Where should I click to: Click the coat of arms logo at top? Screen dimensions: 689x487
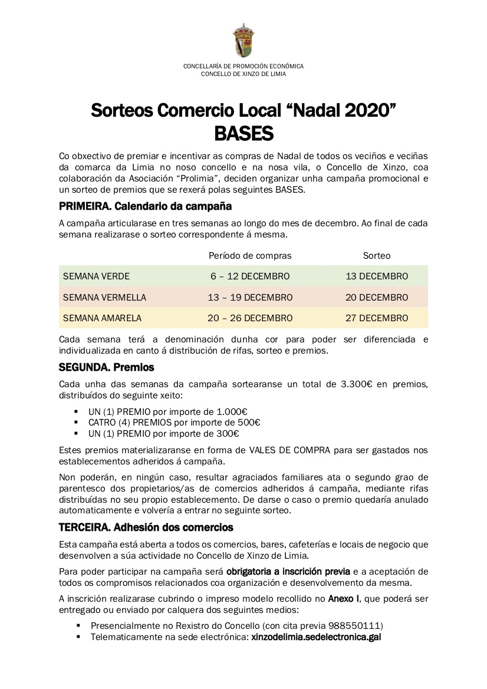tap(243, 40)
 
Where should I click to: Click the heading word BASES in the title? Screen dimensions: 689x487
tap(244, 134)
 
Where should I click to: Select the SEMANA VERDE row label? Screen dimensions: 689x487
tap(96, 276)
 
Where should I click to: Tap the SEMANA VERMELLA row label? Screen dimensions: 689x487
tap(104, 297)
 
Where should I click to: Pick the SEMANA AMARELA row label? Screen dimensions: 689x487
tap(102, 318)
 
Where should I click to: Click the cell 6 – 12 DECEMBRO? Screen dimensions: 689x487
tap(250, 276)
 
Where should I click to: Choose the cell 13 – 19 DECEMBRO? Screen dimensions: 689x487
tap(250, 297)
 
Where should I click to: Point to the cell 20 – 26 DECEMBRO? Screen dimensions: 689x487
tap(250, 318)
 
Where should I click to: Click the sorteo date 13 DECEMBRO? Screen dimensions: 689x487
tap(377, 276)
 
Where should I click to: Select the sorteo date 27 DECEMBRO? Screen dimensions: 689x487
tap(377, 318)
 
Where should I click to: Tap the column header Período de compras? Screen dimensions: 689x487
tap(250, 256)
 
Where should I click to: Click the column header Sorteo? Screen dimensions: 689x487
tap(377, 256)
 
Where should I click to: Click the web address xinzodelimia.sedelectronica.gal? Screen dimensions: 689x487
tap(316, 637)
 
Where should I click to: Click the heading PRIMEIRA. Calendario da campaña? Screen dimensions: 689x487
tap(145, 207)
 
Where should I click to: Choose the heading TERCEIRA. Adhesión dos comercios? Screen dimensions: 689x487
tap(146, 527)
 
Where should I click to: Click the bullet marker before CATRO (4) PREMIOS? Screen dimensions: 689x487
tap(77, 423)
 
